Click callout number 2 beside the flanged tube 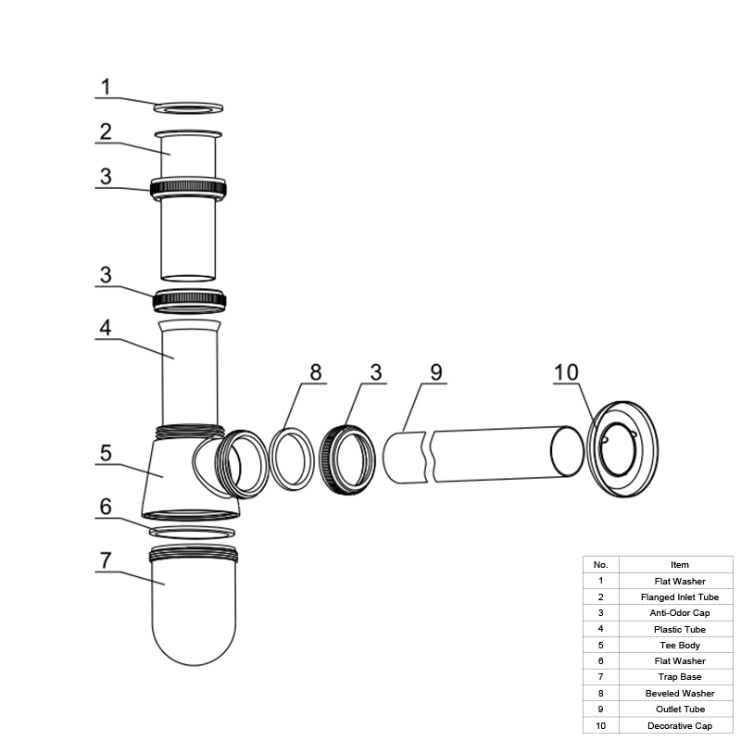click(x=106, y=132)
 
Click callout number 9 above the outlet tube click(x=436, y=372)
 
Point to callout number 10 click(x=566, y=372)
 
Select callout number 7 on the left click(x=106, y=560)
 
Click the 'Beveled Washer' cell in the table click(x=680, y=693)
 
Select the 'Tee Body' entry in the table click(x=680, y=645)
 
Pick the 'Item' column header click(x=680, y=565)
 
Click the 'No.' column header click(x=600, y=565)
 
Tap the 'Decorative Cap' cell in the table click(x=680, y=726)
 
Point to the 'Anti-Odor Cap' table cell click(x=680, y=613)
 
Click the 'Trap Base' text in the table click(x=680, y=677)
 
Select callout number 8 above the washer click(x=316, y=372)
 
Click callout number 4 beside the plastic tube click(x=106, y=328)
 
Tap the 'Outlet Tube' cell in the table click(x=680, y=709)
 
